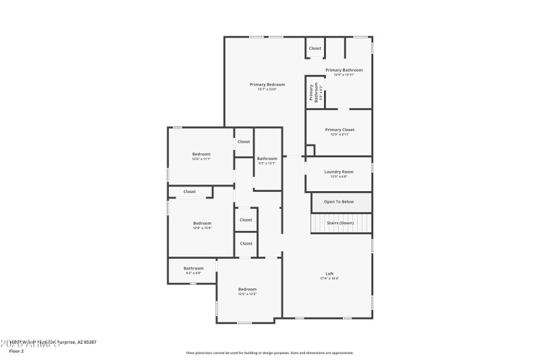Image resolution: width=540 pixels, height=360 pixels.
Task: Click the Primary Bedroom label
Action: pos(267,84)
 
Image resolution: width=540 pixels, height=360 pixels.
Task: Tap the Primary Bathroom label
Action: pos(344,70)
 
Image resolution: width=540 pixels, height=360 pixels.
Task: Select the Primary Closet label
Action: pos(339,129)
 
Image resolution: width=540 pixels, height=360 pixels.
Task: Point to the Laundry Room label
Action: pos(339,172)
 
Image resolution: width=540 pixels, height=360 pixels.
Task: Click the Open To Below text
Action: pos(339,201)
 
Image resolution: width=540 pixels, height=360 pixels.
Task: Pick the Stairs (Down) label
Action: pos(340,223)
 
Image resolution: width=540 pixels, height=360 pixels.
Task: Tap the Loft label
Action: pos(329,274)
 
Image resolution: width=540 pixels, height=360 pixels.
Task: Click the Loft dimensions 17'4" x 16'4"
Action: pos(329,278)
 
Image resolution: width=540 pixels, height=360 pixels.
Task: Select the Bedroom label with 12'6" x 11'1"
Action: pos(201,154)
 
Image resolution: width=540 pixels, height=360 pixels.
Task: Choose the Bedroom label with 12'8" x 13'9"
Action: pos(202,223)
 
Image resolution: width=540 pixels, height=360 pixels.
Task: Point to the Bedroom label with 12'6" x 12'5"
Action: pos(247,289)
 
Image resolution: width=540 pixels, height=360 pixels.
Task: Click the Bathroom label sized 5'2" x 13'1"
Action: pos(267,158)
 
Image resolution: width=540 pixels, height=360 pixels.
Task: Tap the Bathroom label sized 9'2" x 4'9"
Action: pos(193,268)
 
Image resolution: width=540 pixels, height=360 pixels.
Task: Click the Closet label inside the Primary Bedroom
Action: pos(315,48)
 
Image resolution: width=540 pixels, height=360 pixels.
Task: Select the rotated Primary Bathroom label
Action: pos(313,93)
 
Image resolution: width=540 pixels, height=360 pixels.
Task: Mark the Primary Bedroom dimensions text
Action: pos(267,89)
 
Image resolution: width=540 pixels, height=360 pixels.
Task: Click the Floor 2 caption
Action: pos(16,351)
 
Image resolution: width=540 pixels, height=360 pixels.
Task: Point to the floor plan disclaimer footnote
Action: pos(269,353)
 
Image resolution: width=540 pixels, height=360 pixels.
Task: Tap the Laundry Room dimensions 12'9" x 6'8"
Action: pos(339,176)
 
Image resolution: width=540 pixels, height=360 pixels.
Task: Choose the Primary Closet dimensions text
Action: pos(339,134)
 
